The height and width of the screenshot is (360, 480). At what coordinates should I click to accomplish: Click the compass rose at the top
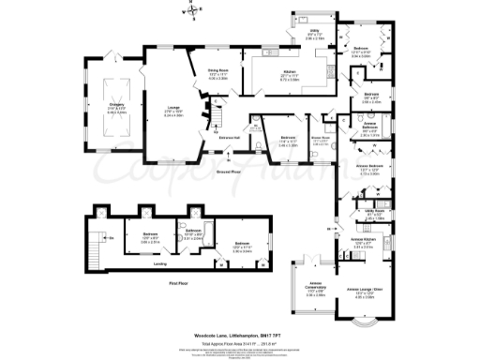[x=191, y=12]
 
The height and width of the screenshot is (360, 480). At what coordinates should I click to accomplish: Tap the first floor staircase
[x=95, y=238]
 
